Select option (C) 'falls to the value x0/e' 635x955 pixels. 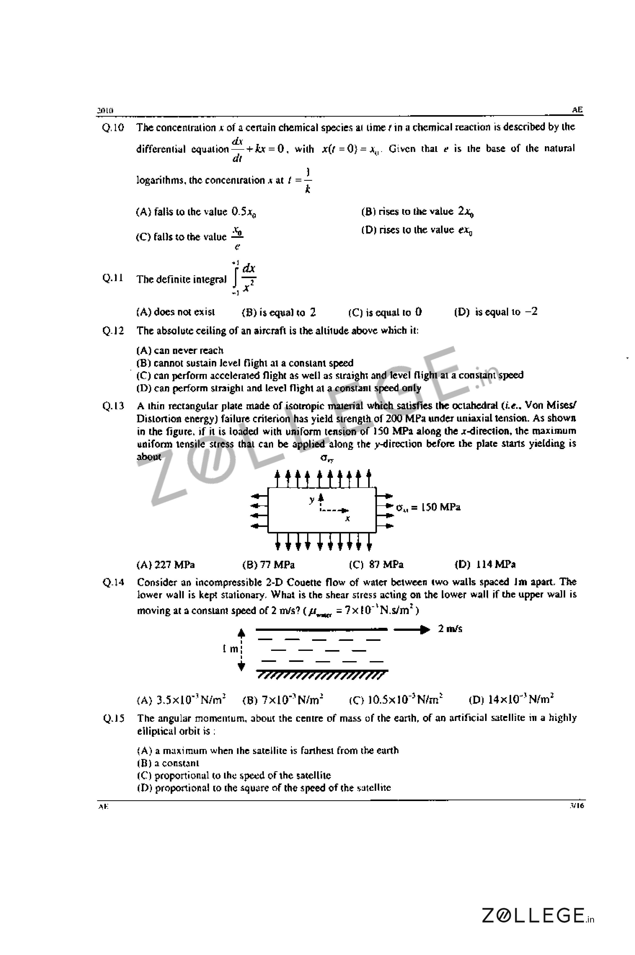189,237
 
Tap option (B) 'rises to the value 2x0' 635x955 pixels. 417,212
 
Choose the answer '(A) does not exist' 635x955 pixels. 176,312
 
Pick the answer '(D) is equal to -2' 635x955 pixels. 496,312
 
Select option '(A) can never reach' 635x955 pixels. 180,350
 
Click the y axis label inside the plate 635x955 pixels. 311,500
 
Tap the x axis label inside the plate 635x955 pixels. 347,518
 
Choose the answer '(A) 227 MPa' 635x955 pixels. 166,564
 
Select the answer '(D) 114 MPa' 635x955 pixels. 485,564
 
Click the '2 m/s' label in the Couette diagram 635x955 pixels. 450,629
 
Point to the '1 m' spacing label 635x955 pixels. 231,649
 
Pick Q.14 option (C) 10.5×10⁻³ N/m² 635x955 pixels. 396,699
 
